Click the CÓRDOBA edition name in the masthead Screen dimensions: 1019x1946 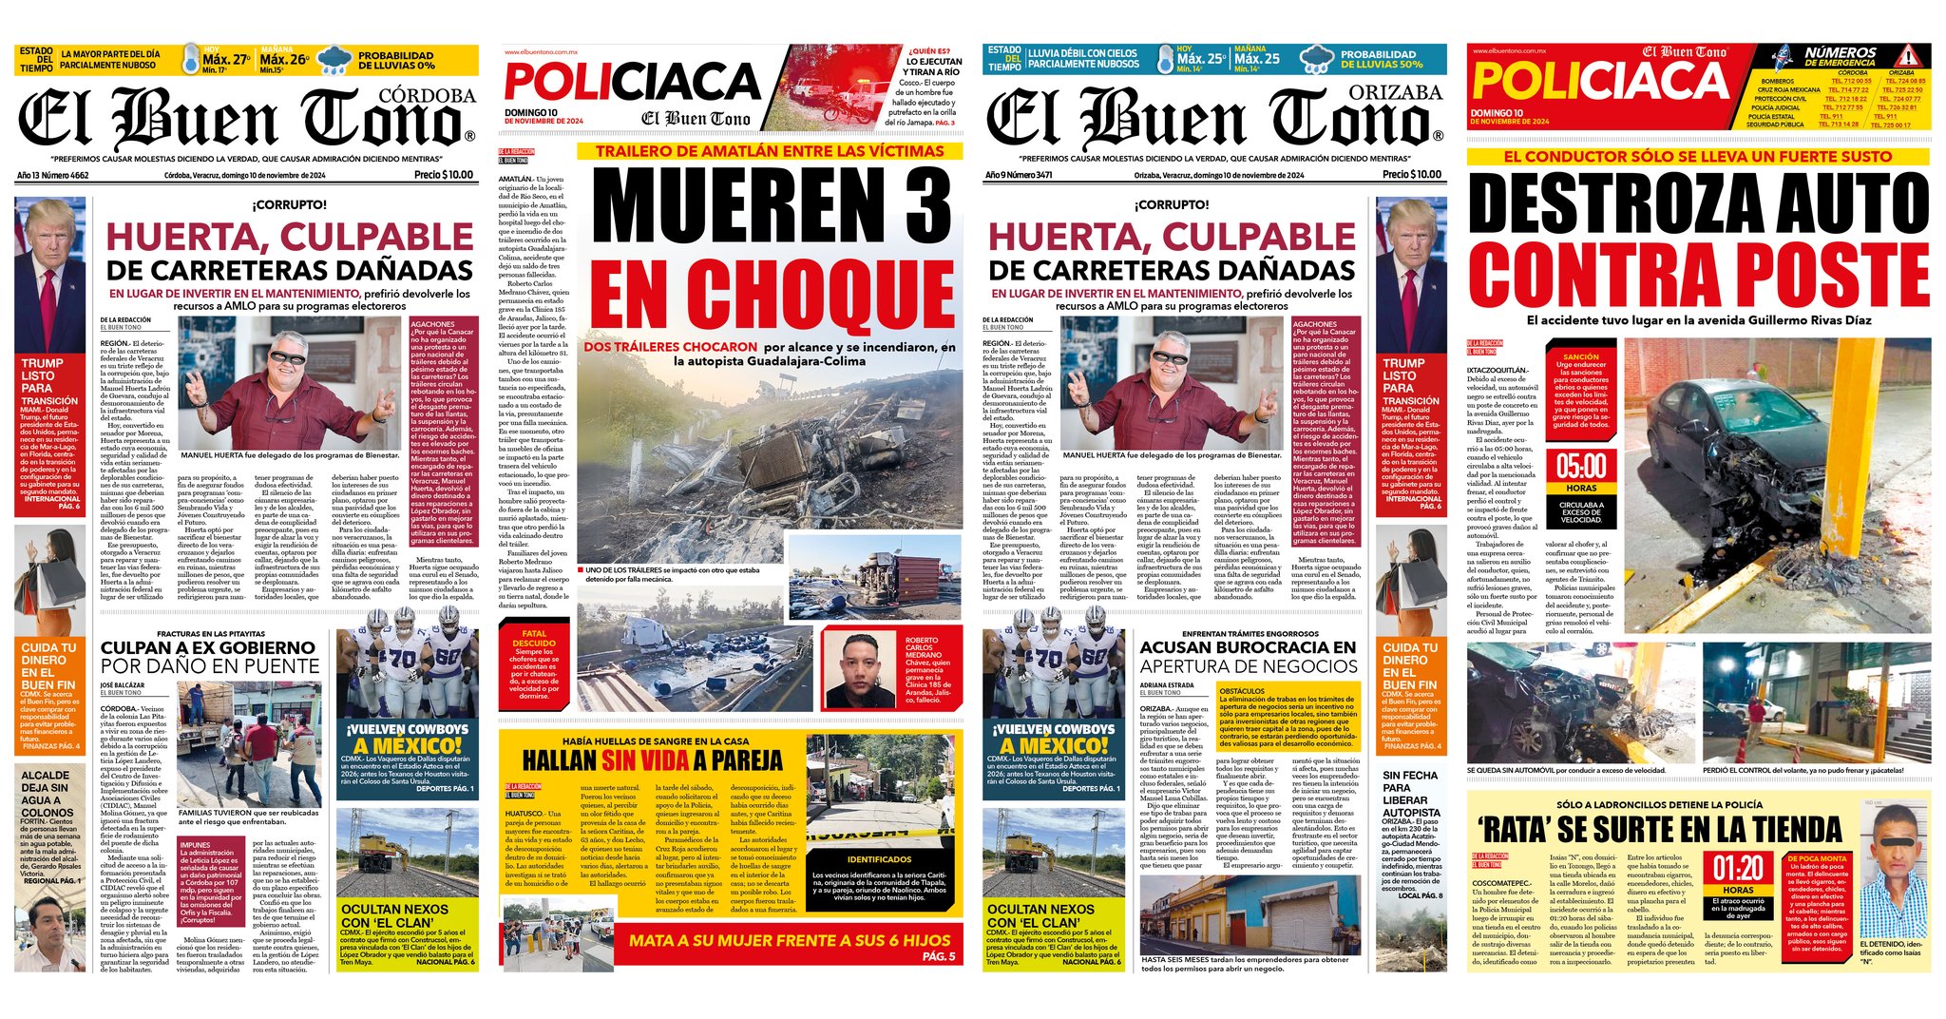[x=427, y=96]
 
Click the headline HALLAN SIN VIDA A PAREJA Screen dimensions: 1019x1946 [x=652, y=759]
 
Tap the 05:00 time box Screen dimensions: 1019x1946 [x=1581, y=467]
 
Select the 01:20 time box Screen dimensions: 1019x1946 [x=1738, y=869]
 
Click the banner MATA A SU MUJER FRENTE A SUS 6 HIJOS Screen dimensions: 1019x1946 [x=775, y=941]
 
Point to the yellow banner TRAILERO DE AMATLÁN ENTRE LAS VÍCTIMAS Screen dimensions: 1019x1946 [x=770, y=151]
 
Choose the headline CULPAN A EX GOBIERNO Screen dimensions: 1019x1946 [x=208, y=648]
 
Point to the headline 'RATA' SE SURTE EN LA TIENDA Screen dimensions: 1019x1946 [x=1657, y=830]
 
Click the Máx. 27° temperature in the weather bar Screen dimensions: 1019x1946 [x=226, y=60]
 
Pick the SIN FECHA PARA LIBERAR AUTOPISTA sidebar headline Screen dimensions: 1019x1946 [x=1411, y=795]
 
